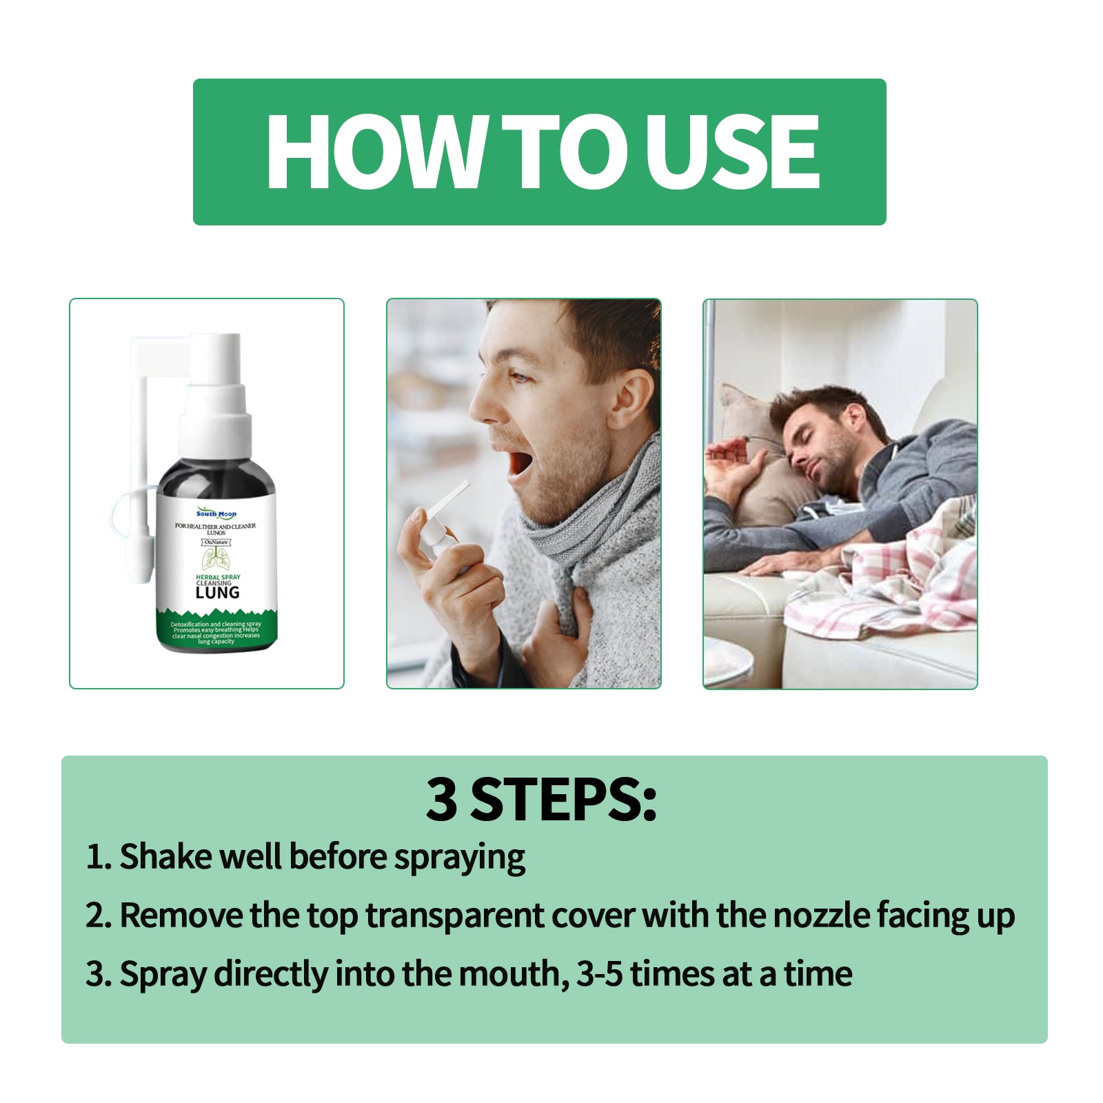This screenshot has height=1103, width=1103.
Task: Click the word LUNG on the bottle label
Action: click(217, 592)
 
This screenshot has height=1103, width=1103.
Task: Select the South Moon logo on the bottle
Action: click(216, 514)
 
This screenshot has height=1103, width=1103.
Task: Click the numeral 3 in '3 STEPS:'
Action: click(441, 800)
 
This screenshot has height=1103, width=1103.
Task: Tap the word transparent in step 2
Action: click(455, 916)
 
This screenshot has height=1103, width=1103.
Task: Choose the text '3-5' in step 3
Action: click(599, 975)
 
